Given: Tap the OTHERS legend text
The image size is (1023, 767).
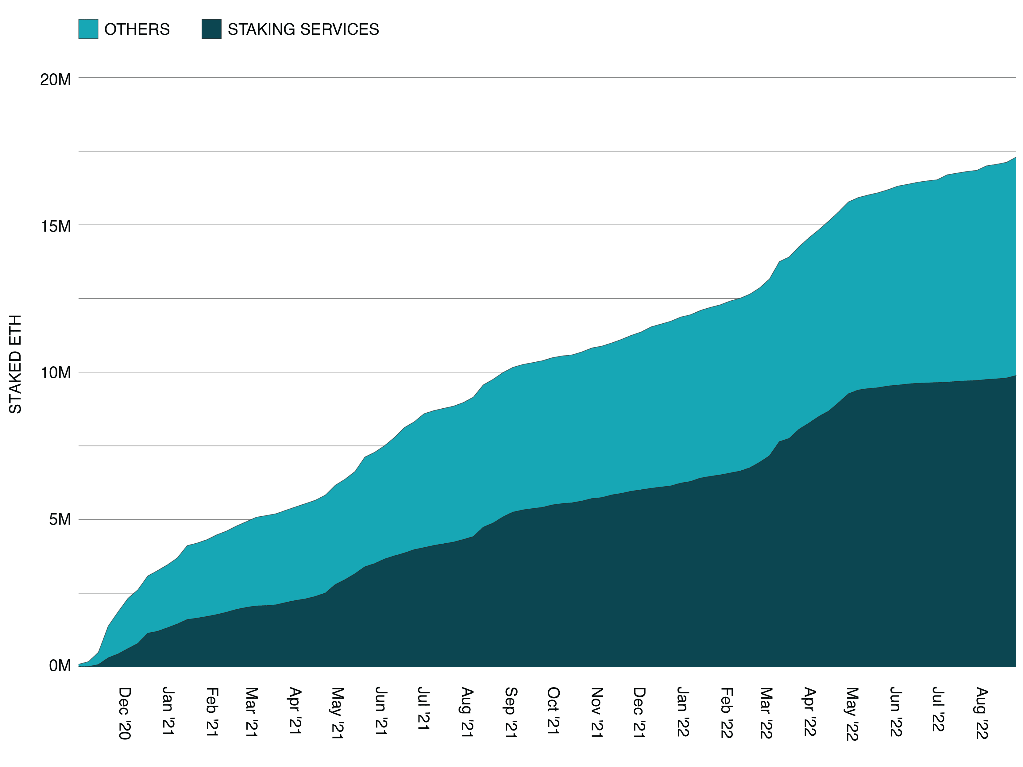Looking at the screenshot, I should (x=137, y=29).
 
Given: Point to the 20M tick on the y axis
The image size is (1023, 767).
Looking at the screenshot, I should (x=56, y=79).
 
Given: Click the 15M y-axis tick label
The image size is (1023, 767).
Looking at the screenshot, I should (x=56, y=226).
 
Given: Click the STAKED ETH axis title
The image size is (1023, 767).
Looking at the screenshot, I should (x=15, y=364).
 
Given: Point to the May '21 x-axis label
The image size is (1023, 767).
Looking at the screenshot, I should (x=338, y=713).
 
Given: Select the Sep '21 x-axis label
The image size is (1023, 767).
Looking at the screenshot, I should (x=511, y=712).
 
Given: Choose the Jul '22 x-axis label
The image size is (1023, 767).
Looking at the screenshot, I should (x=938, y=709).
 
